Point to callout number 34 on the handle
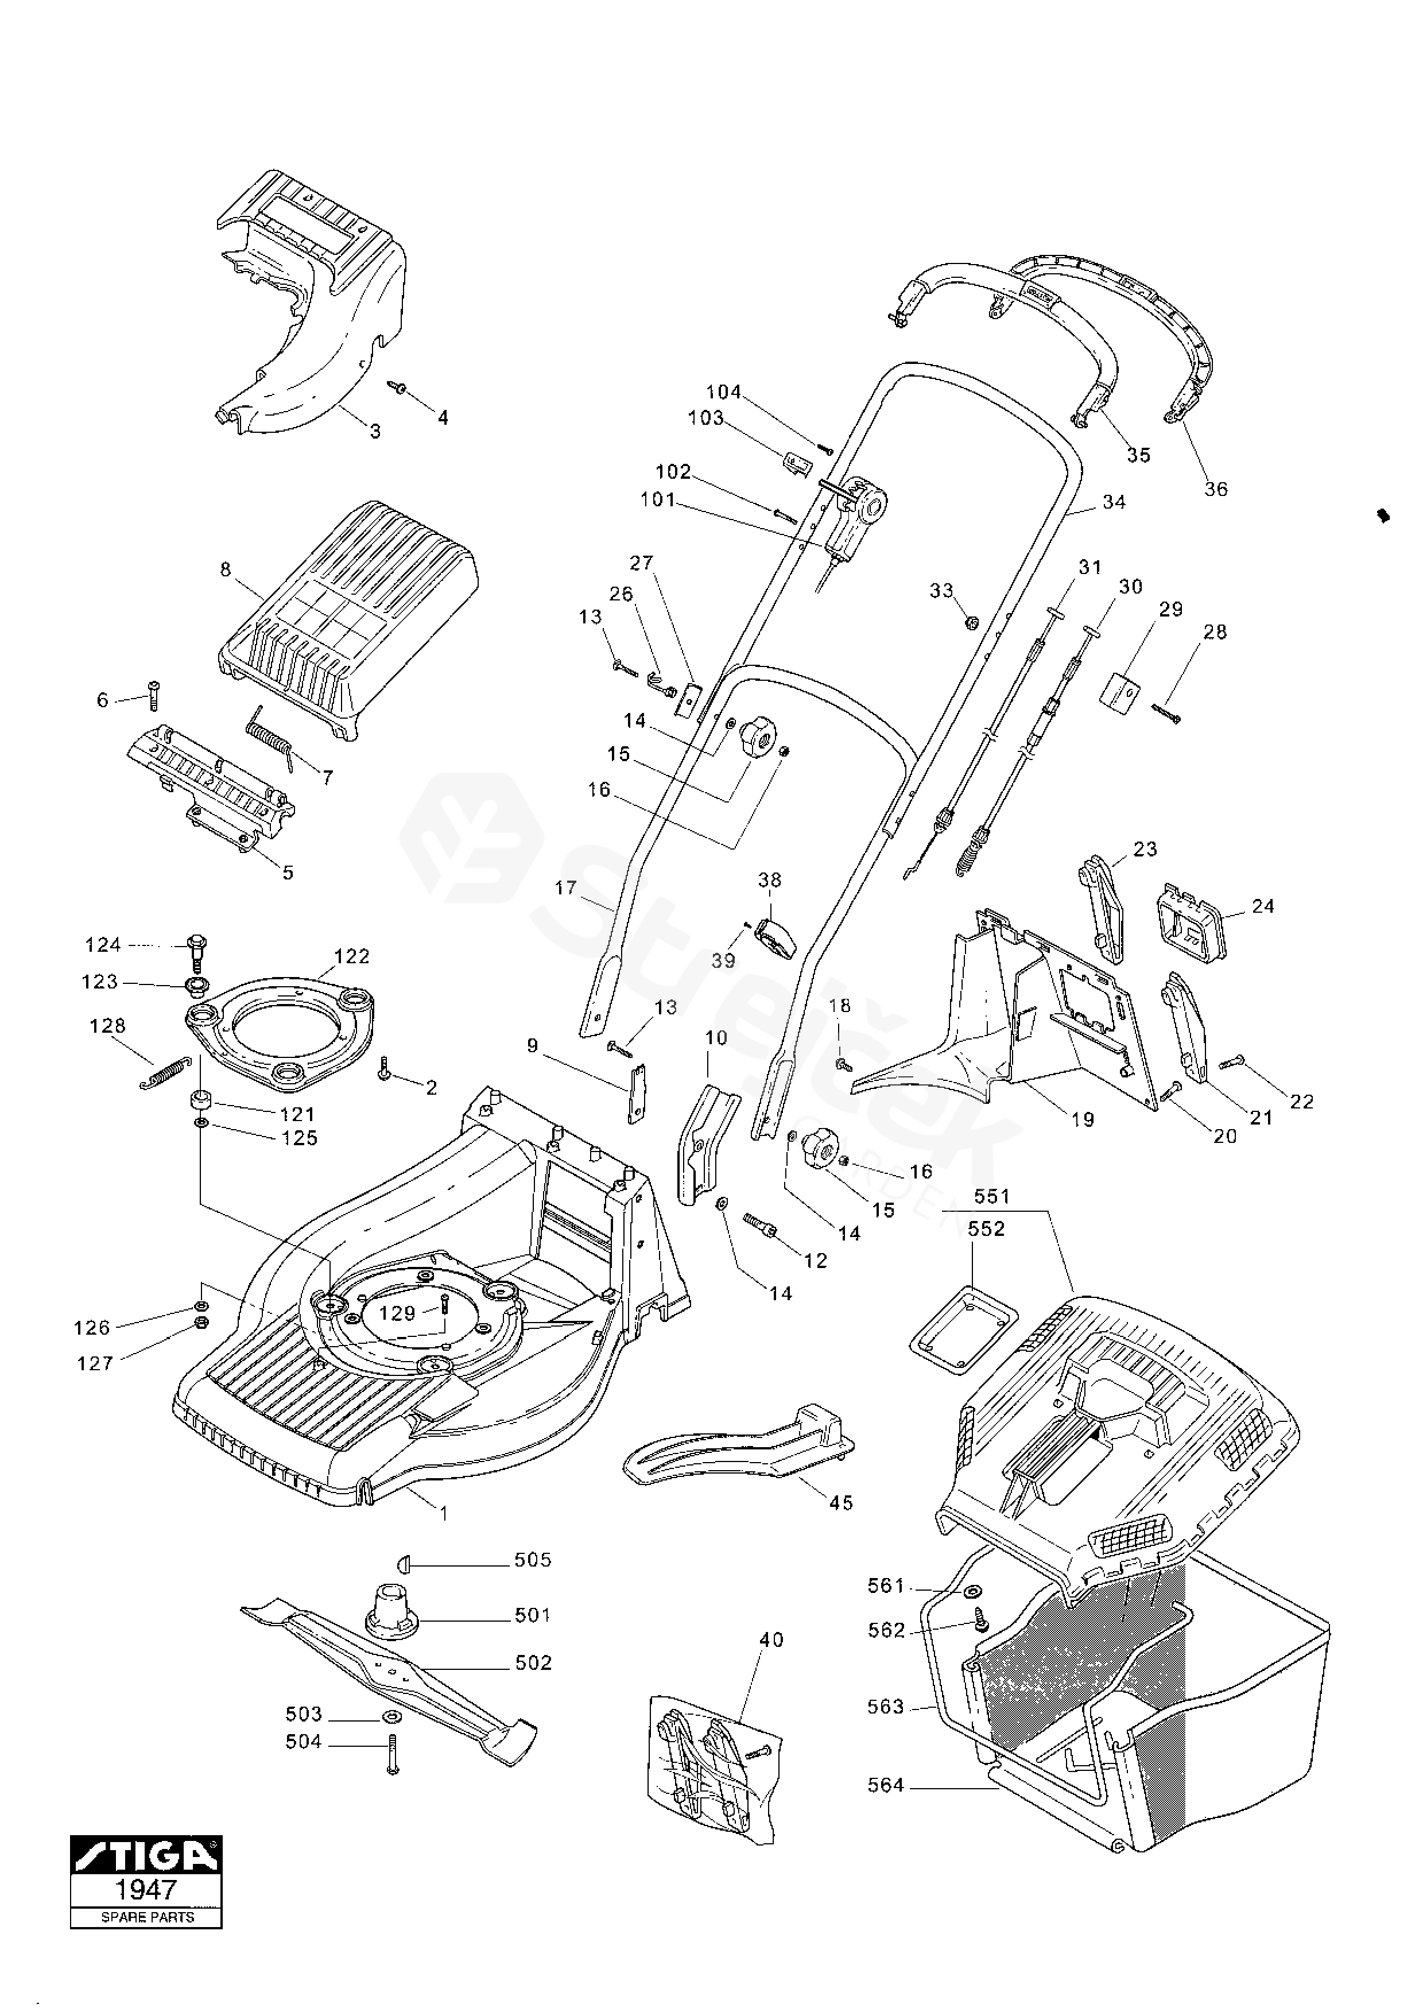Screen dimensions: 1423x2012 pyautogui.click(x=1114, y=502)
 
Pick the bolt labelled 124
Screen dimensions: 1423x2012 pyautogui.click(x=197, y=954)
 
